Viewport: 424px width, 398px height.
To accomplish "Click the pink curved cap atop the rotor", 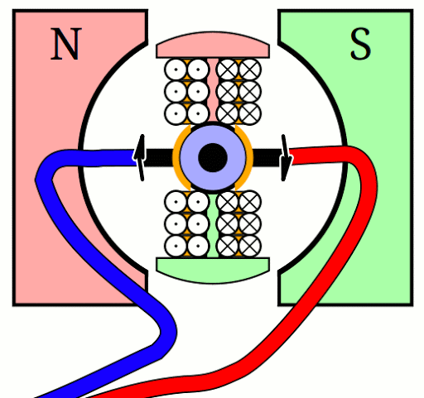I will pyautogui.click(x=212, y=46).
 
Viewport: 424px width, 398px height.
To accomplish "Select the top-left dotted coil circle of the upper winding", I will pyautogui.click(x=176, y=69).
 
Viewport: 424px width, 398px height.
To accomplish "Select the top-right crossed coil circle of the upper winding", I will pyautogui.click(x=251, y=69).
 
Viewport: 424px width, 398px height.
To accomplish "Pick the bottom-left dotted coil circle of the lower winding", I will pyautogui.click(x=176, y=246).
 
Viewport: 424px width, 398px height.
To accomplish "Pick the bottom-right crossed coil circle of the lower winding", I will pyautogui.click(x=251, y=246).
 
